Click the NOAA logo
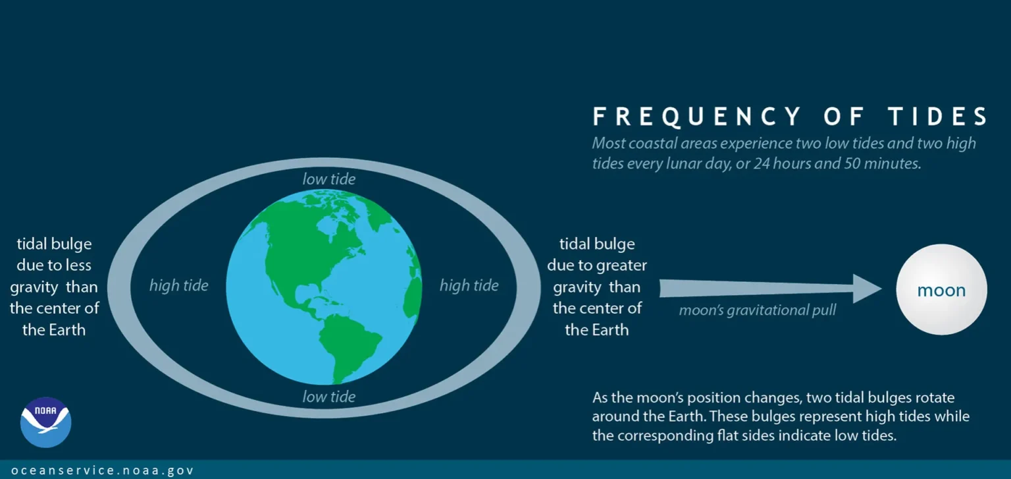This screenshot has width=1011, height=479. pos(45,422)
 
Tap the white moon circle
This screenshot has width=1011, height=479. pos(941,289)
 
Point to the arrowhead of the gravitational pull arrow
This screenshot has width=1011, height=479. pos(867,289)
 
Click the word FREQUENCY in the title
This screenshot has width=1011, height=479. pos(697,116)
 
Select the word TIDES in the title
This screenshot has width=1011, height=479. pos(939,116)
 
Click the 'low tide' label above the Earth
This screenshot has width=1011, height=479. pos(329,179)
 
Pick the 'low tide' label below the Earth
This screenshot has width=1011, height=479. pos(329,396)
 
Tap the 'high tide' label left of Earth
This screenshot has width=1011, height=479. pos(179,285)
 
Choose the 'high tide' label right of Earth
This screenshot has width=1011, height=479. pos(469,285)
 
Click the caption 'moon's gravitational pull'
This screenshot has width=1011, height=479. pos(758,310)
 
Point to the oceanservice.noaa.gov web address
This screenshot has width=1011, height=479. pos(103,470)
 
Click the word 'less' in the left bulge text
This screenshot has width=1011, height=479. pos(78,265)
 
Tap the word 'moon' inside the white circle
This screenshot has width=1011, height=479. pos(941,290)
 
